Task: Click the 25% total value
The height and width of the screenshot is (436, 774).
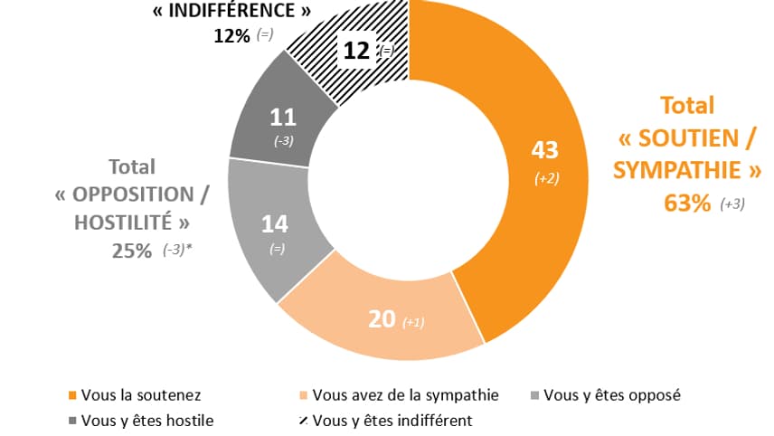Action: tap(131, 251)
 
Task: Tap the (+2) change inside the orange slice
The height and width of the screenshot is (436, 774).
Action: tap(546, 178)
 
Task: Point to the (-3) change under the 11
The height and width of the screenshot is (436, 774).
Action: tap(282, 140)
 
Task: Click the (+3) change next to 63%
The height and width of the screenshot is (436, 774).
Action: tap(732, 204)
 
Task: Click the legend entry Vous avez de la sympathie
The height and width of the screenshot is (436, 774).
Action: tap(403, 395)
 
